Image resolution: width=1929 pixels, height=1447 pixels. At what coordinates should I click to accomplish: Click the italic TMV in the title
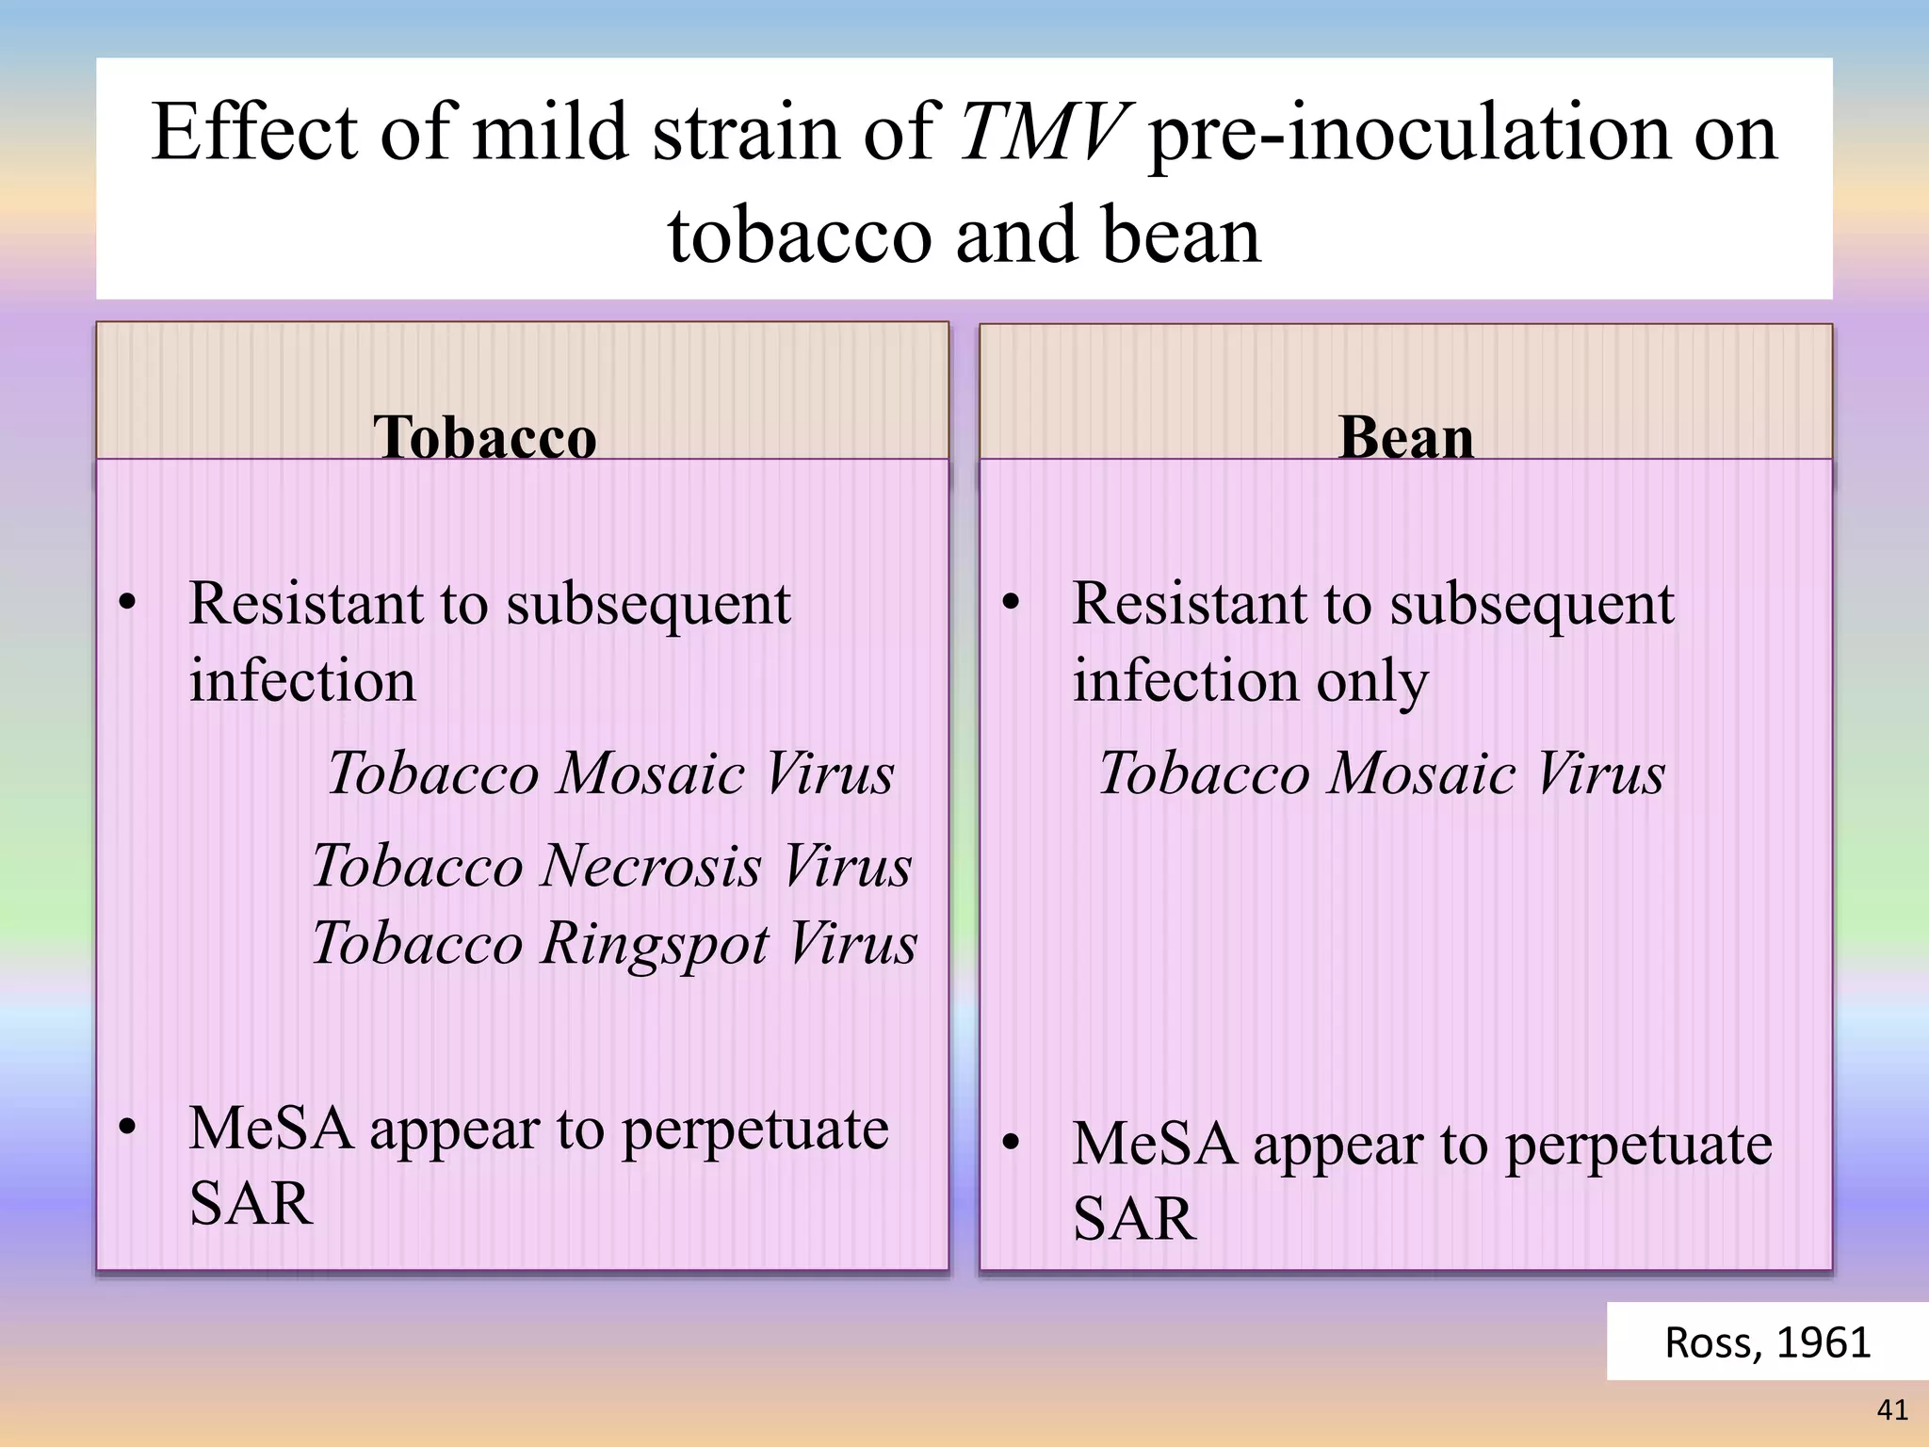click(1043, 133)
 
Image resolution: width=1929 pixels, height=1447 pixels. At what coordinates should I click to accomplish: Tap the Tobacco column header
click(484, 437)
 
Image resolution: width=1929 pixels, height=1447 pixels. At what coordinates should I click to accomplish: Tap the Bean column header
click(1405, 437)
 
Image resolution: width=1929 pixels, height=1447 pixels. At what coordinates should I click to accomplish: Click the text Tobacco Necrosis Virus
click(611, 865)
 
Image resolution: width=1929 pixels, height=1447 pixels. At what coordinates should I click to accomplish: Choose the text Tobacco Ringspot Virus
click(614, 942)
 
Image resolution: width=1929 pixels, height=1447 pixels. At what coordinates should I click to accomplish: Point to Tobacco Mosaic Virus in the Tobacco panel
click(610, 773)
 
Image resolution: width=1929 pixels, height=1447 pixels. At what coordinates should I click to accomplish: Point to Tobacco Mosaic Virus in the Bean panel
click(1382, 773)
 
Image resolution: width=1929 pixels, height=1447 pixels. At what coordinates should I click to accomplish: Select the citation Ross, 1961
click(1767, 1341)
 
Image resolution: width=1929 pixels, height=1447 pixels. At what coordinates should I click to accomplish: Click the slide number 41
click(1891, 1409)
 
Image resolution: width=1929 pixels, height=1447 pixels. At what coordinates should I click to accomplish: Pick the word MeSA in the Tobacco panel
click(271, 1128)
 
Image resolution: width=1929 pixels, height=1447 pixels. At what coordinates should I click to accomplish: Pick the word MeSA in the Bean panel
click(1155, 1144)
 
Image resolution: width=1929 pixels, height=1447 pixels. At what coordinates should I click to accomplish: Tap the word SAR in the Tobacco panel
click(251, 1203)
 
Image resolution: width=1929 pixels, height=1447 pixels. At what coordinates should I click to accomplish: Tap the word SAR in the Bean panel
click(1134, 1218)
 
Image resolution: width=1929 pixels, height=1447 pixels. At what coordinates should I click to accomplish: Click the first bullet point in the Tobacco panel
click(128, 603)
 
